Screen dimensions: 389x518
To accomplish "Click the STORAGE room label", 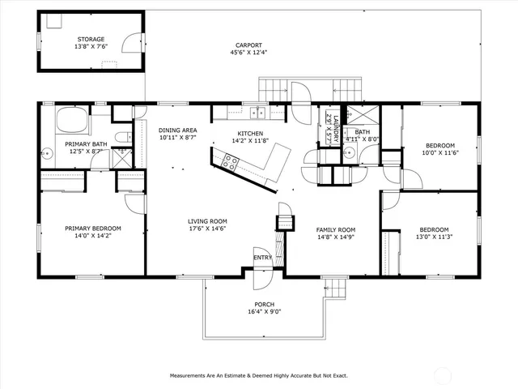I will [x=90, y=39].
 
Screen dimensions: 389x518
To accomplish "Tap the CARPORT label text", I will [x=248, y=45].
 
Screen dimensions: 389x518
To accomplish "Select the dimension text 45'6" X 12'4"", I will [x=248, y=53].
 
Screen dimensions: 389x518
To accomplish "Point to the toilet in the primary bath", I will [x=121, y=137].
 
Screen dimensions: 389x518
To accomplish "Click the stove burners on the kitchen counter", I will [x=229, y=162].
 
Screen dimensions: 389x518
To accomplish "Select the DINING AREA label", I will [x=177, y=130].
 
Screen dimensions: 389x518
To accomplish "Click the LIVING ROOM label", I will [x=207, y=220].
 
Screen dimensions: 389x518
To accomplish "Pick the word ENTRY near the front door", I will [x=263, y=258].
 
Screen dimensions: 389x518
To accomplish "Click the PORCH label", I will [x=264, y=304].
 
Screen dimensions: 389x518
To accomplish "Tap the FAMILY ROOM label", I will [x=335, y=229].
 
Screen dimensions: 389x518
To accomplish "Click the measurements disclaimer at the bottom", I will [x=258, y=376].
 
